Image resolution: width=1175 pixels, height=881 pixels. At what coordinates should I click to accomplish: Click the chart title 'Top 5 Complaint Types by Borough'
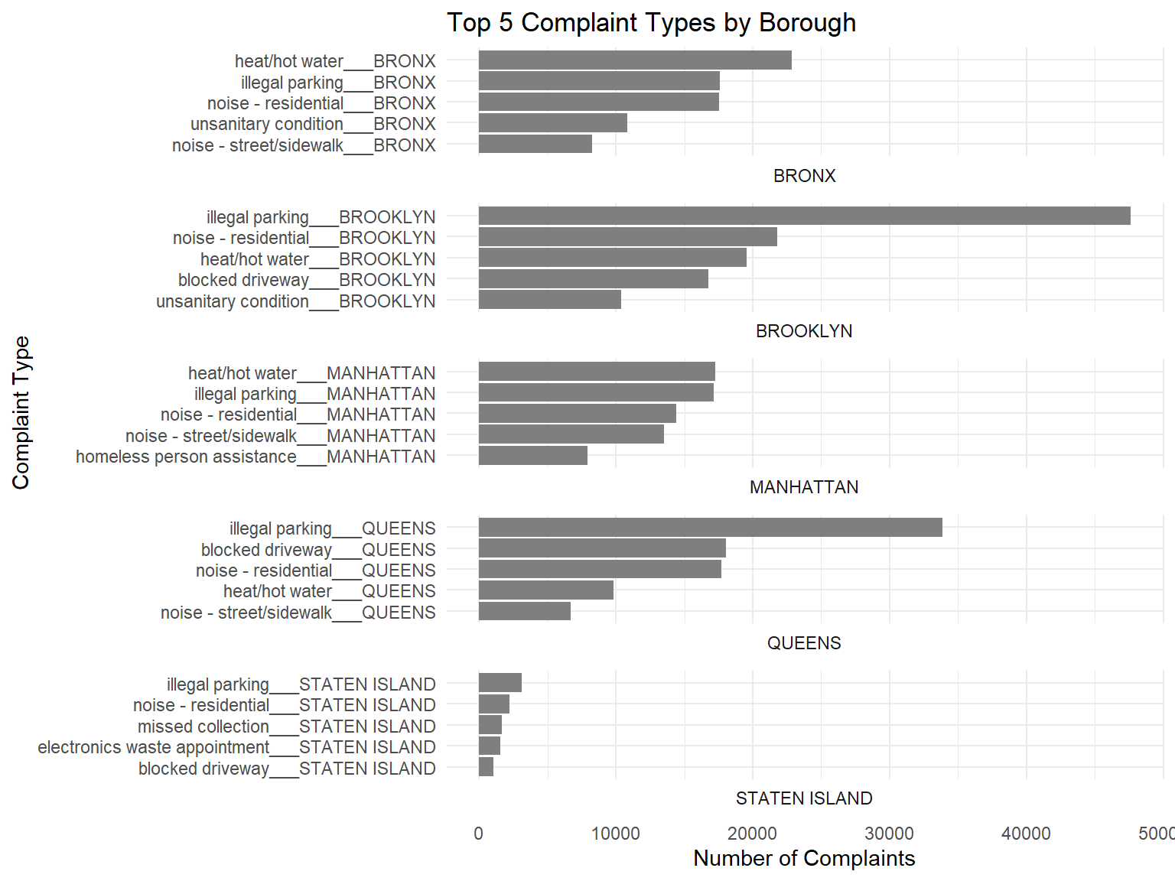[651, 23]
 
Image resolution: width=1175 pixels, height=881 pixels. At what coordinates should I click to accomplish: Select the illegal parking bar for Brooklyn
[805, 216]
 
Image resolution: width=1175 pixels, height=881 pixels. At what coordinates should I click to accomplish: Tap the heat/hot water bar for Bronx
[636, 60]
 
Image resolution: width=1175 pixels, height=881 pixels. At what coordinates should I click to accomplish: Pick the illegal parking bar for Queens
[711, 528]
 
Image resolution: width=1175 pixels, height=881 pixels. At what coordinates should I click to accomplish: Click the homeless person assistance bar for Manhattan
[533, 456]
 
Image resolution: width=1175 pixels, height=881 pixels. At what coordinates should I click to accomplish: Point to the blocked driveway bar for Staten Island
[486, 767]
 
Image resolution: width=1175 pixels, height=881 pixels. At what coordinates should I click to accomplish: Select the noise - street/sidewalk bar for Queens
[525, 611]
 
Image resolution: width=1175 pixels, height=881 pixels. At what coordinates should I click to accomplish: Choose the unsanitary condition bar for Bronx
[553, 123]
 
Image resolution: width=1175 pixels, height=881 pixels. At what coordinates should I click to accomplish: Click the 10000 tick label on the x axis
[616, 834]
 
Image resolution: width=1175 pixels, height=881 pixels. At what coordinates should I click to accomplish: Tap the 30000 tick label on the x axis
[890, 834]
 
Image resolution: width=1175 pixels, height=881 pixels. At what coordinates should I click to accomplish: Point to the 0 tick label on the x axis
[479, 834]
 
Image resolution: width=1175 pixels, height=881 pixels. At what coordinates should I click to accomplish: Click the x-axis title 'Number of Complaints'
[804, 859]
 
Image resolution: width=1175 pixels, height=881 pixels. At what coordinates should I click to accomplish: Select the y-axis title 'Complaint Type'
[21, 412]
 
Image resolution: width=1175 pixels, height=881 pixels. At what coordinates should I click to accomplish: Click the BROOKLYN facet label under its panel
[804, 332]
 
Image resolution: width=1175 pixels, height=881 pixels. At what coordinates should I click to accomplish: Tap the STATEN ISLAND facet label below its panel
[804, 798]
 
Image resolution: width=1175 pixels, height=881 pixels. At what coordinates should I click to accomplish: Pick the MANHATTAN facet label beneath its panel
[804, 487]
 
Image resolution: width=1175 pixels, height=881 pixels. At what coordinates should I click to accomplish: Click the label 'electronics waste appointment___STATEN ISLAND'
[236, 747]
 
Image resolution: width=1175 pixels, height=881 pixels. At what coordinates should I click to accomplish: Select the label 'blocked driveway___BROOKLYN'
[307, 281]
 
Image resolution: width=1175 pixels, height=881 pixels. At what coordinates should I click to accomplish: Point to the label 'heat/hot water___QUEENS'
[330, 592]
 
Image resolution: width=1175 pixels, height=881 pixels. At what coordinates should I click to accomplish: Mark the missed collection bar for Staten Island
[490, 725]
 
